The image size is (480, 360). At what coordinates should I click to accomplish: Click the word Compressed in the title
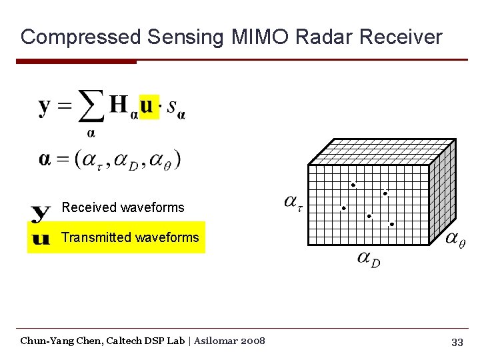pos(81,37)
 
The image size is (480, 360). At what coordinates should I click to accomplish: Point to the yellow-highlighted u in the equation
pos(149,105)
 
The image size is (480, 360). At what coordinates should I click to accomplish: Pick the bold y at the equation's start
pos(45,107)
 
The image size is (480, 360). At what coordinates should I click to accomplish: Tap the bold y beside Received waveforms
pos(41,213)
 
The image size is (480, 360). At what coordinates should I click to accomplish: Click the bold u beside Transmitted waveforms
pos(41,238)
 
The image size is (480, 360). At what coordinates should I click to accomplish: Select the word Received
pos(89,207)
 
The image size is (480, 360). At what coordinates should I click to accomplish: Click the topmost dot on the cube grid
pos(353,185)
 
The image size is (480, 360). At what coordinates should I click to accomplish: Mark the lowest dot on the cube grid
pos(392,224)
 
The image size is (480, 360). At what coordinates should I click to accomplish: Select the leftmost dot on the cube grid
pos(344,208)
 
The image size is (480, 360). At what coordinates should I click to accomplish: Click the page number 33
pos(457,342)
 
